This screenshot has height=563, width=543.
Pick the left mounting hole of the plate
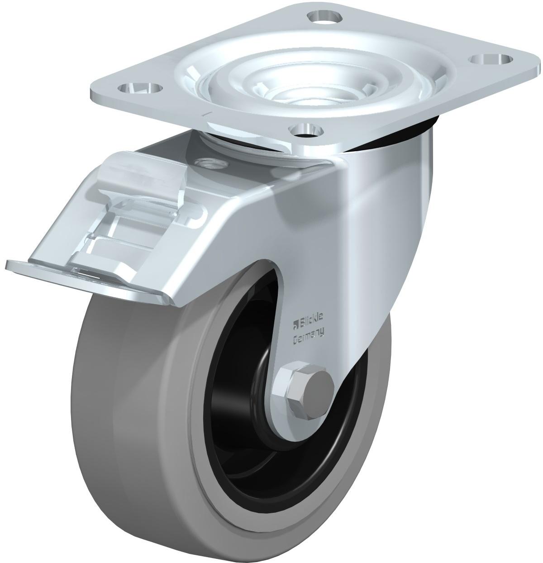(x=140, y=87)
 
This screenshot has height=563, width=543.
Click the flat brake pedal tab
(x=87, y=278)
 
